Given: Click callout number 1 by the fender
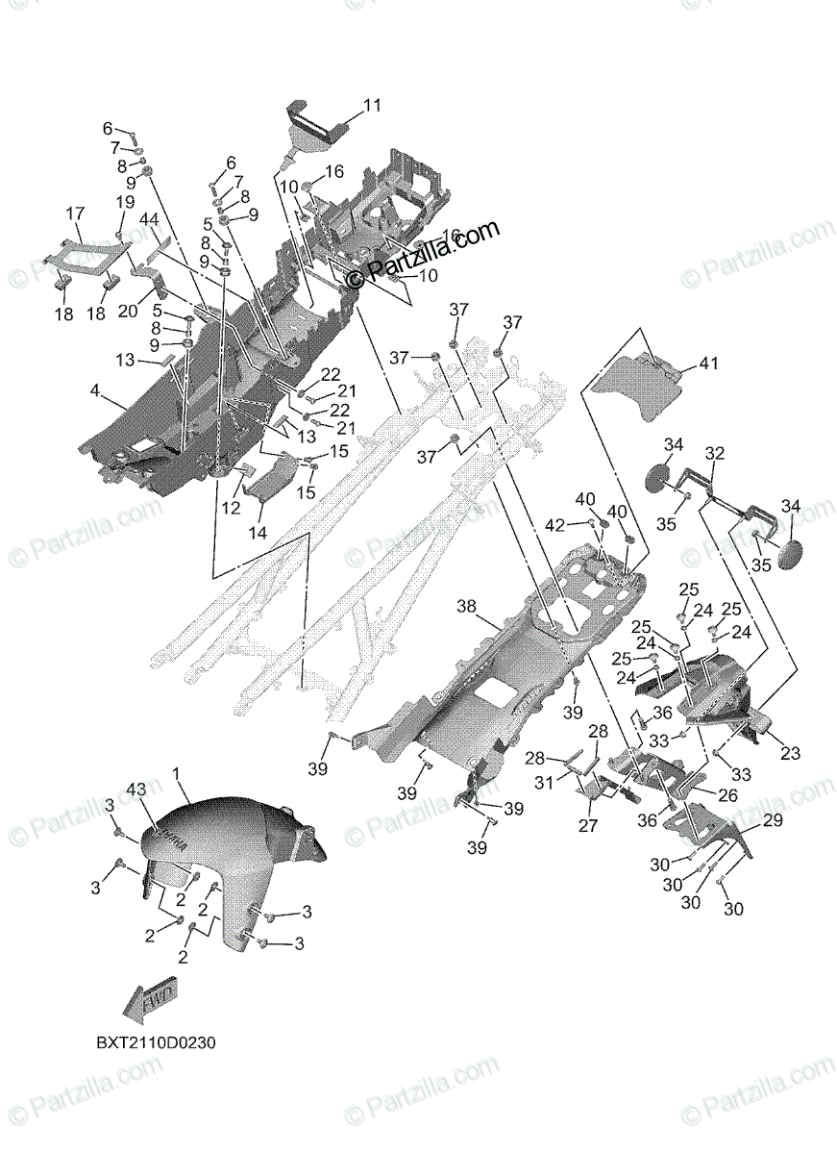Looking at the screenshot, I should click(176, 774).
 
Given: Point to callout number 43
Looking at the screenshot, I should click(135, 790).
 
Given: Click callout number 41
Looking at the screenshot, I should click(708, 364).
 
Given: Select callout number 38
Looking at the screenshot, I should click(466, 607).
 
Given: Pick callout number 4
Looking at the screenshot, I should click(94, 390).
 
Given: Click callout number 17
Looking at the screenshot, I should click(75, 213).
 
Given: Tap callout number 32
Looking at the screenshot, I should click(714, 452).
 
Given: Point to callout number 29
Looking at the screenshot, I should click(773, 820).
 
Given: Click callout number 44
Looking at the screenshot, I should click(149, 220).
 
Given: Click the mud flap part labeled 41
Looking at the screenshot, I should click(642, 385).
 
